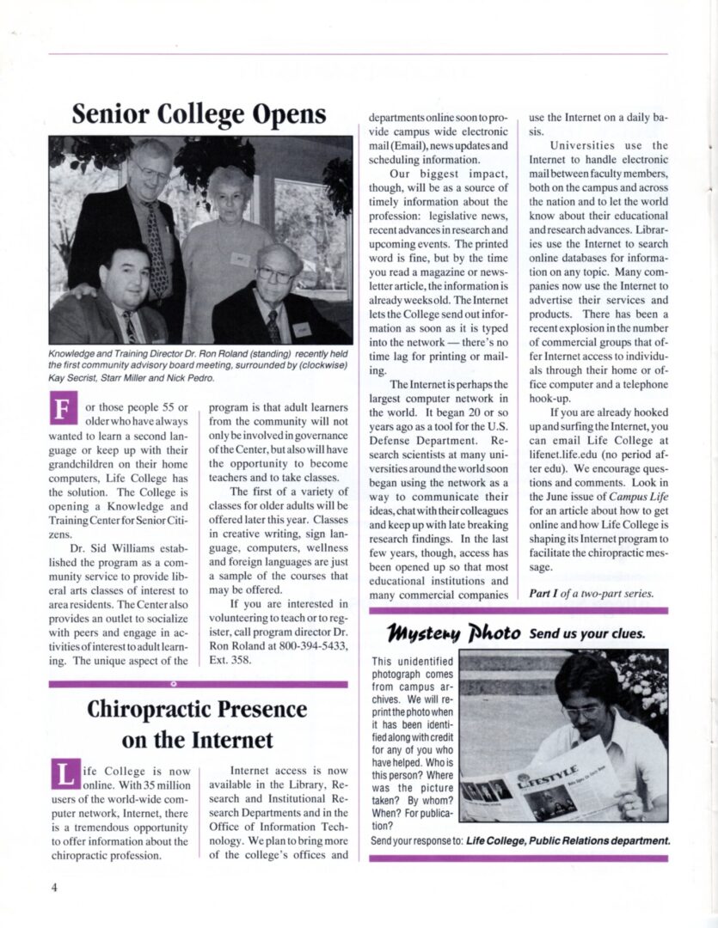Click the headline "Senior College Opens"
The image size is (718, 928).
click(199, 114)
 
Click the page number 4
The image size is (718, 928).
click(53, 887)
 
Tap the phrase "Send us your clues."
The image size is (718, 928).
click(587, 635)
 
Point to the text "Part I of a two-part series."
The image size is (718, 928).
click(591, 594)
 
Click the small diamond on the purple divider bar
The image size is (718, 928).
click(174, 684)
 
